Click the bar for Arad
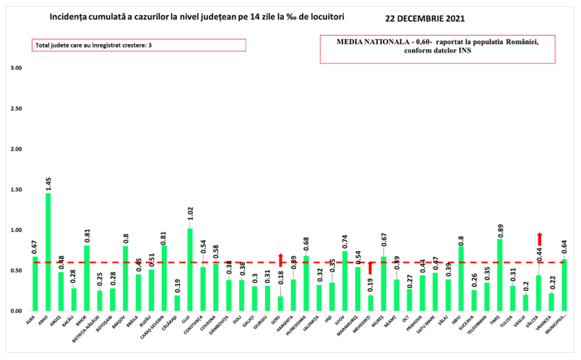48,252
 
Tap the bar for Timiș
500,275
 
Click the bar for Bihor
86,278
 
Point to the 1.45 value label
48,182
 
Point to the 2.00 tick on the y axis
17,149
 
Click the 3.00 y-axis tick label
17,68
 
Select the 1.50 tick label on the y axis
17,190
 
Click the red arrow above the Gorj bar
280,260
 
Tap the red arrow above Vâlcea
539,238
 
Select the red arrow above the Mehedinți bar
370,268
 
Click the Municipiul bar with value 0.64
564,285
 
